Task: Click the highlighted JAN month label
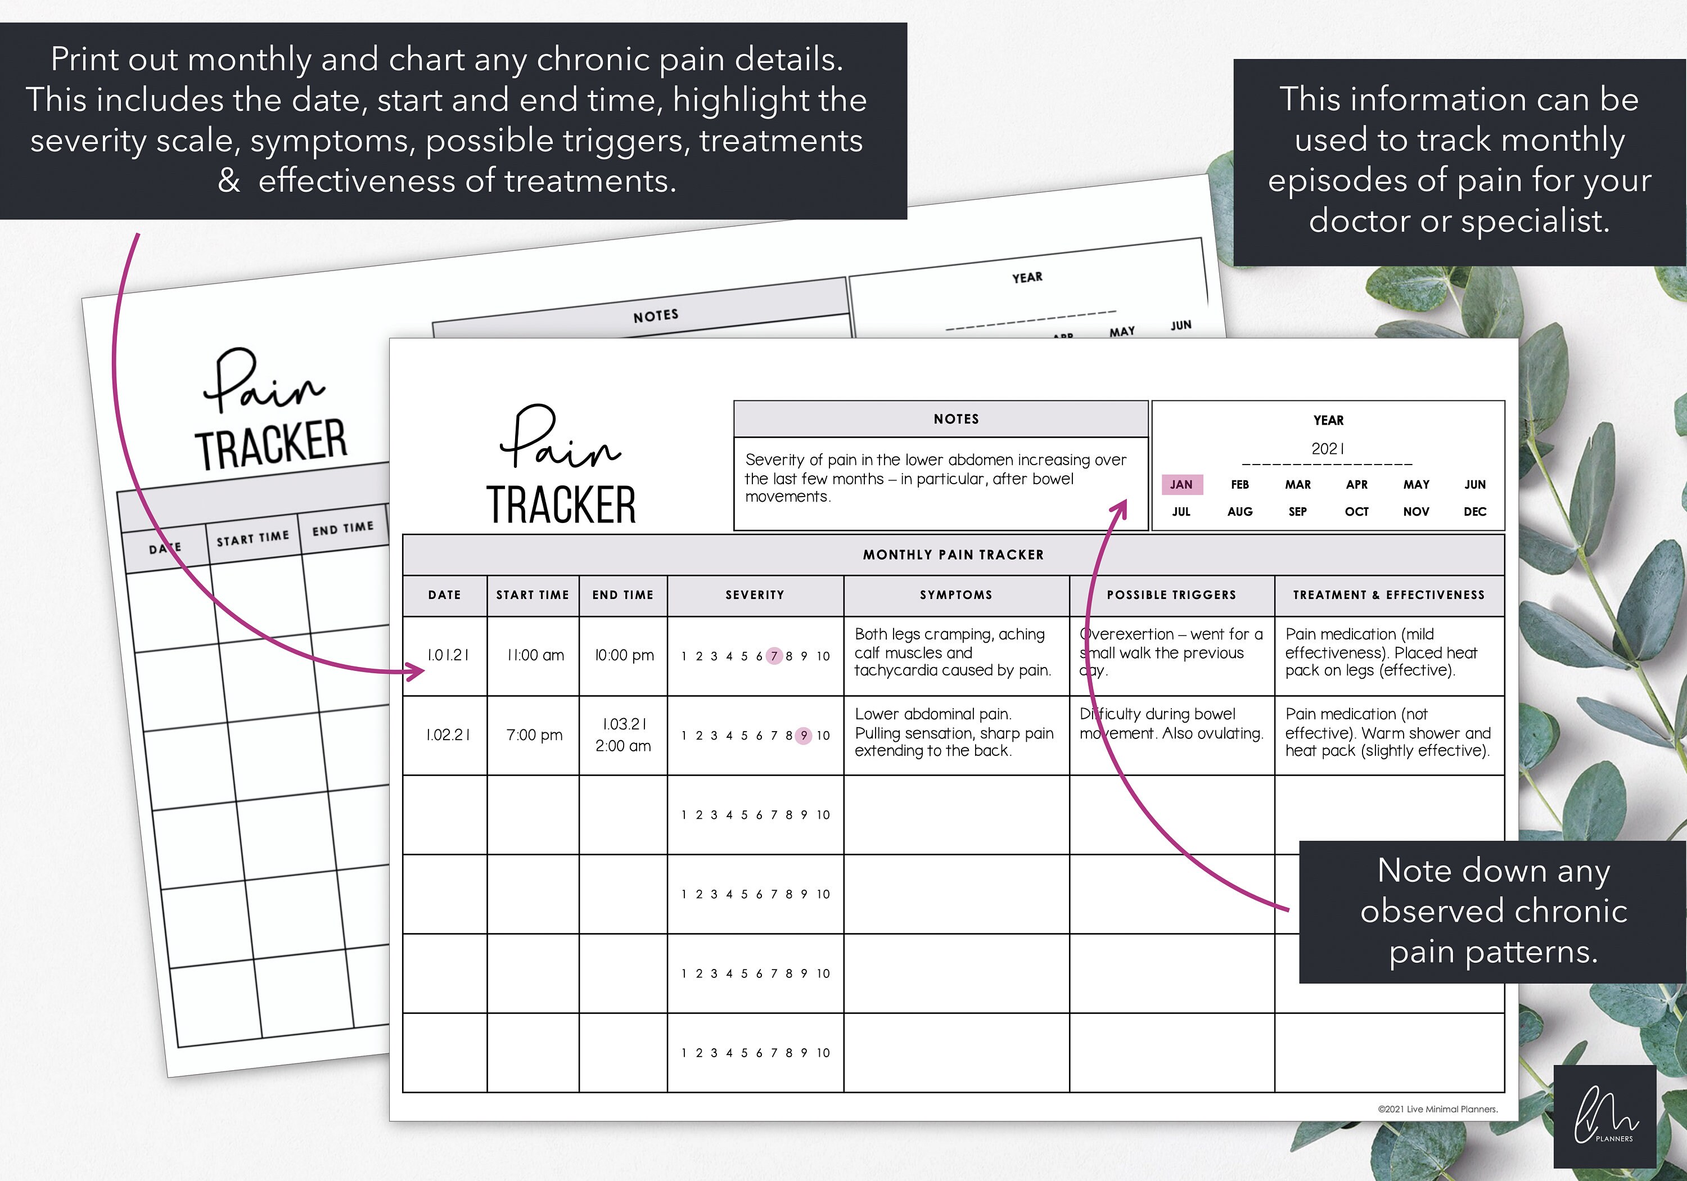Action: [x=1181, y=484]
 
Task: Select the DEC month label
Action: [x=1474, y=512]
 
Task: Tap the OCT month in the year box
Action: [x=1356, y=512]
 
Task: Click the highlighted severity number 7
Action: [x=774, y=656]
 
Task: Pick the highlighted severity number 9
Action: [x=804, y=735]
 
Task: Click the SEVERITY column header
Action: [x=755, y=595]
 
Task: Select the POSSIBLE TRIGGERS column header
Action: [x=1171, y=595]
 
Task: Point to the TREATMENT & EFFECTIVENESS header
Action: [x=1389, y=595]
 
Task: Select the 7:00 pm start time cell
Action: [x=534, y=735]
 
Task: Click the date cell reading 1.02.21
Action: [x=448, y=735]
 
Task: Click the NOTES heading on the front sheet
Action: [x=956, y=419]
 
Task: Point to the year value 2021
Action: [x=1328, y=448]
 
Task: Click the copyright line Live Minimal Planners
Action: [x=1437, y=1109]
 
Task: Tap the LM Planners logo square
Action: [x=1605, y=1116]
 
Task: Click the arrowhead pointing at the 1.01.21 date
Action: [x=416, y=671]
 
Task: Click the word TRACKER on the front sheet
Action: [x=561, y=505]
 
